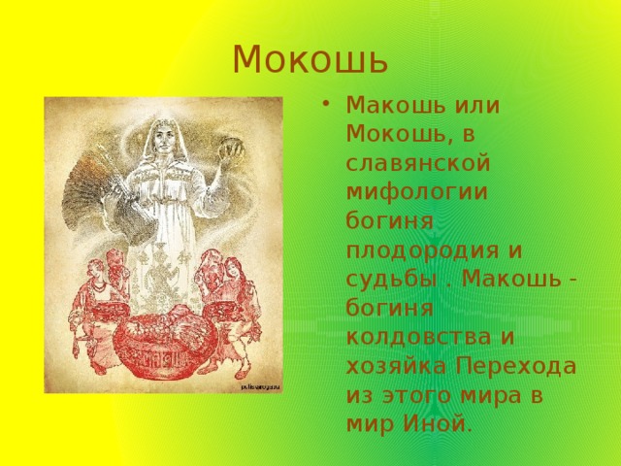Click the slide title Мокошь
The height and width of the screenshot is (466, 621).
point(310,60)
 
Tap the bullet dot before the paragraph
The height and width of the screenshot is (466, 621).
point(326,104)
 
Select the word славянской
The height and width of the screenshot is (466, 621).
point(418,163)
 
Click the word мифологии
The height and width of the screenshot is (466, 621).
point(416,193)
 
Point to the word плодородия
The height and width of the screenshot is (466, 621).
point(423,251)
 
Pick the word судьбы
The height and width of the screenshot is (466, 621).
point(392,280)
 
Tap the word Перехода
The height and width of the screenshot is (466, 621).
point(515,367)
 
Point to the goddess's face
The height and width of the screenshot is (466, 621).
point(161,136)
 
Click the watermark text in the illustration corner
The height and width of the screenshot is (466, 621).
point(260,386)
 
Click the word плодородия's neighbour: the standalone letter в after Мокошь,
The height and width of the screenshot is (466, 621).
point(468,135)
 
